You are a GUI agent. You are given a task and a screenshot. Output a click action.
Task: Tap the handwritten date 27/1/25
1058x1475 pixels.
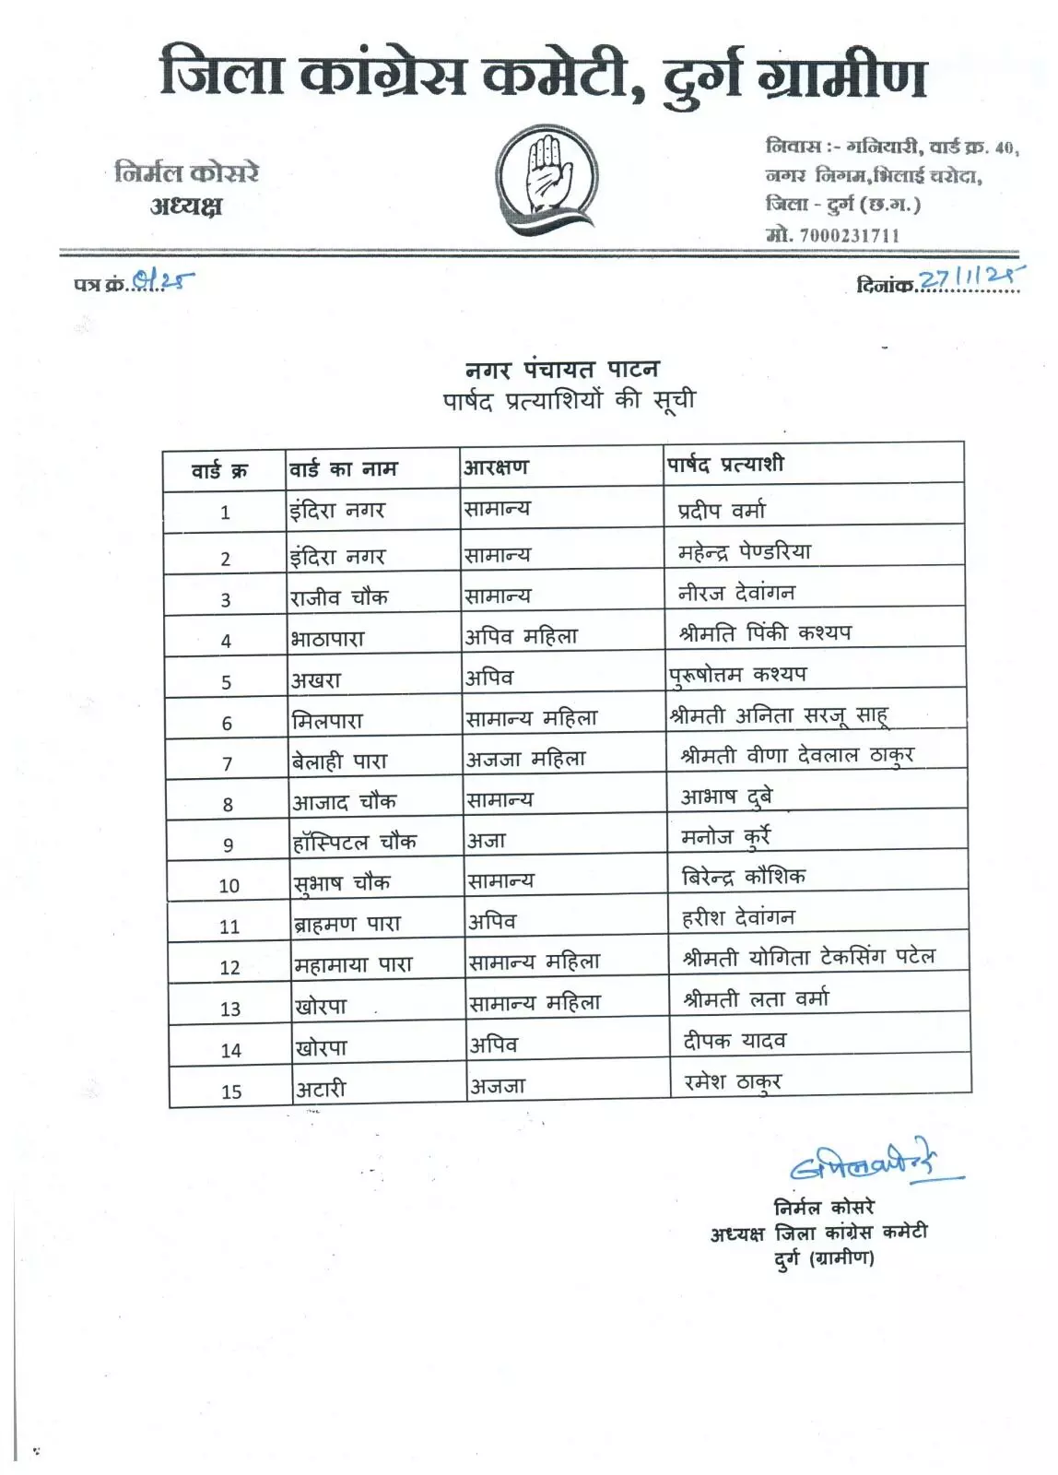[971, 278]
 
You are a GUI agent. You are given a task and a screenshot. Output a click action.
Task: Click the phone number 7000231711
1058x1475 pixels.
[849, 235]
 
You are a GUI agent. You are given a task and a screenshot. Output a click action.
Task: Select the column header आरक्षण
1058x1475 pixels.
[497, 467]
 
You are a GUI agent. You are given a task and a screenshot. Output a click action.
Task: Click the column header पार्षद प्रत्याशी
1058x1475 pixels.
[724, 465]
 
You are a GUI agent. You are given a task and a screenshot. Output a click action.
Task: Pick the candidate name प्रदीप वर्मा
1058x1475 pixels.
[722, 511]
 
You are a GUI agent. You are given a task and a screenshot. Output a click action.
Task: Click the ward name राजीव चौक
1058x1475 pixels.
[339, 597]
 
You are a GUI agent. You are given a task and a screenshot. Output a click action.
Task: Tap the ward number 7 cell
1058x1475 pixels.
[228, 764]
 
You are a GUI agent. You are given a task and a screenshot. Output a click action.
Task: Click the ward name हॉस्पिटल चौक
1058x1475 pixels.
[355, 842]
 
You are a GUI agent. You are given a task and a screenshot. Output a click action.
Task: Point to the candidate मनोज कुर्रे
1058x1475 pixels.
[725, 837]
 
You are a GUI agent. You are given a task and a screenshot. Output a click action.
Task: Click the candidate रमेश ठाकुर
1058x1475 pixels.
[733, 1082]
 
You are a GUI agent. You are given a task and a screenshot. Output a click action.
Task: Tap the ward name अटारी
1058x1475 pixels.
[321, 1090]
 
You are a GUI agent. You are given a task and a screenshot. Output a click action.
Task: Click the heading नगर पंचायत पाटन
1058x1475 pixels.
[562, 370]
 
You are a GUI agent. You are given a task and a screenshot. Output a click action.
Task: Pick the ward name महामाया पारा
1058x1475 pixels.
[353, 965]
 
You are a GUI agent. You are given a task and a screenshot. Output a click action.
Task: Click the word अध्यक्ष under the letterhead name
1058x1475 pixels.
[186, 206]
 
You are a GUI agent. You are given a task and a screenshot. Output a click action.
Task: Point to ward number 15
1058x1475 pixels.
[231, 1092]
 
